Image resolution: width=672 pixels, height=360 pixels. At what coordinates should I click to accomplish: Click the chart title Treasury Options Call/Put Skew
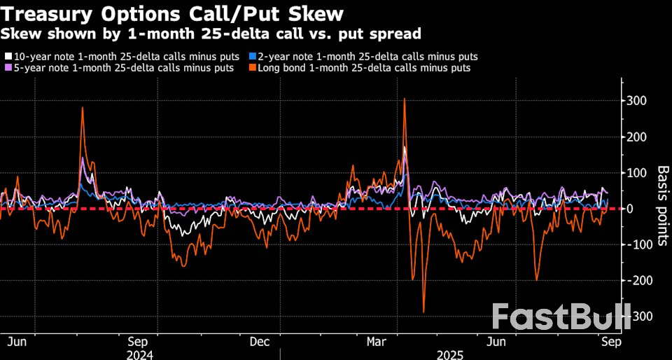tap(174, 13)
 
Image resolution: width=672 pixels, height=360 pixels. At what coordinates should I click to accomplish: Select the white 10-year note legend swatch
tap(8, 56)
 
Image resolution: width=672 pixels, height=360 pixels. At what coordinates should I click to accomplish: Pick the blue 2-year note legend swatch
tap(253, 56)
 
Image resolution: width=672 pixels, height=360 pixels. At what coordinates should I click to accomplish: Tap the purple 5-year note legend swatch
tap(8, 68)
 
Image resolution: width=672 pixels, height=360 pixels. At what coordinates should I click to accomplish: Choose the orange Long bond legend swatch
tap(253, 68)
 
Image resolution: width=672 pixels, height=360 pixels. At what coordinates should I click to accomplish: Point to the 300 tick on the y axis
tap(636, 102)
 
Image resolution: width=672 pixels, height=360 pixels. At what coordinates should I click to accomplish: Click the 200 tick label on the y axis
tap(636, 137)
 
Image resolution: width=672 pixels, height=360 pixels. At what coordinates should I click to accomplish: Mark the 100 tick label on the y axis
tap(636, 173)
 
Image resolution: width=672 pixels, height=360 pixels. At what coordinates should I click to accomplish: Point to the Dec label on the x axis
tap(259, 342)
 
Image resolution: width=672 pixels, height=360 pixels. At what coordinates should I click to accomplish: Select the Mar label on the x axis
tap(378, 342)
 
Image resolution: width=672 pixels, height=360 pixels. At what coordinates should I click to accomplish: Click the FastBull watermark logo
tap(561, 317)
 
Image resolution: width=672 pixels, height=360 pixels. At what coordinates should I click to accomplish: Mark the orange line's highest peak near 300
tap(405, 99)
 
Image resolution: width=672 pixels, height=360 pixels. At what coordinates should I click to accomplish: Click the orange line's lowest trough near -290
tap(423, 312)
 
